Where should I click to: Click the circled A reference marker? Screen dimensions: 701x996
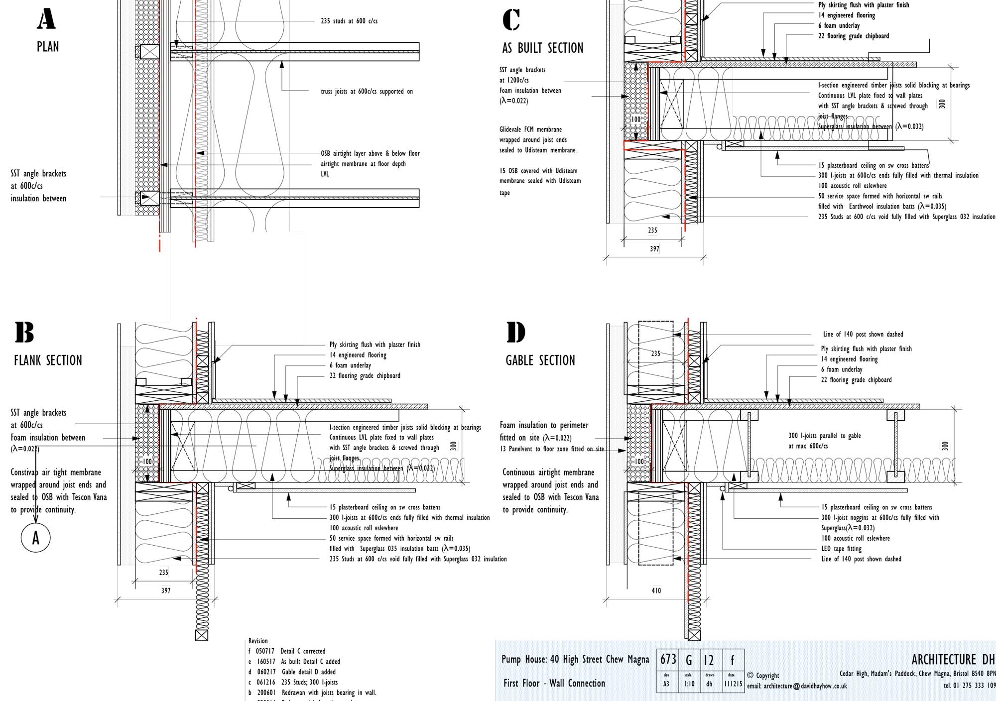(x=35, y=538)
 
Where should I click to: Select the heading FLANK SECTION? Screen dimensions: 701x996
(x=48, y=360)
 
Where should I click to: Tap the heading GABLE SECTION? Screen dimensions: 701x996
(x=540, y=360)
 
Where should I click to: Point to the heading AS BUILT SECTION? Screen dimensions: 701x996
(x=542, y=48)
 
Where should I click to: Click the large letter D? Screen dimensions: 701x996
(x=516, y=333)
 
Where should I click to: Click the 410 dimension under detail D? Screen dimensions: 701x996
(x=656, y=590)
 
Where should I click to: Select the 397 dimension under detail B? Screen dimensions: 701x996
(x=166, y=590)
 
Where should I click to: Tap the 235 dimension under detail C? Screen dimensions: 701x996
(x=652, y=231)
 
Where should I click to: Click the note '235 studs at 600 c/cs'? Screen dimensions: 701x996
(x=349, y=21)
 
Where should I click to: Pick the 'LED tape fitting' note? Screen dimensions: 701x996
(x=841, y=549)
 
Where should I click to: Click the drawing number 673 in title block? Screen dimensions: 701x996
(x=668, y=660)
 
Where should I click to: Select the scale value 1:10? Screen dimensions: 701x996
(x=689, y=684)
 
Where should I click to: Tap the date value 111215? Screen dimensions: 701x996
(x=733, y=684)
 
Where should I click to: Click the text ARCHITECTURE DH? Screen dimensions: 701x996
(x=953, y=660)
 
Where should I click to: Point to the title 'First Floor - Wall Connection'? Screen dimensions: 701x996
(x=554, y=684)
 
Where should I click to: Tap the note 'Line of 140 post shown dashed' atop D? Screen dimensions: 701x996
(x=863, y=335)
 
